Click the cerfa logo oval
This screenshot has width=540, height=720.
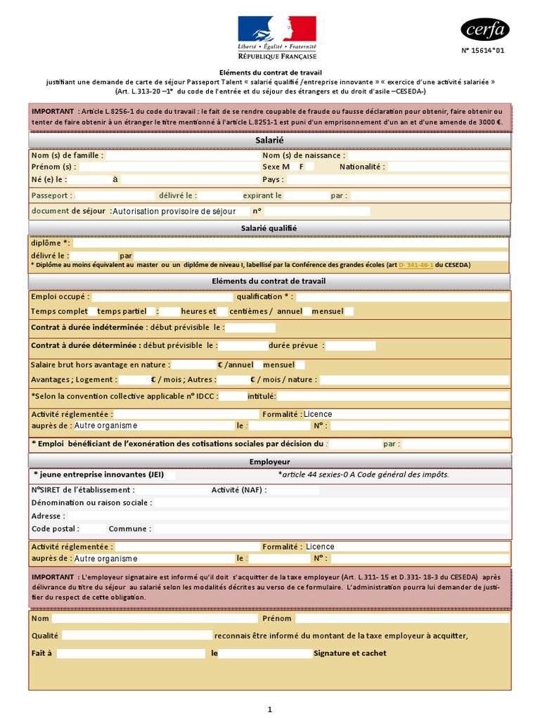(x=485, y=30)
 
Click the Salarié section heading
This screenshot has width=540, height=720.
(x=269, y=141)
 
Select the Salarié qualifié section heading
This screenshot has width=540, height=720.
(x=269, y=228)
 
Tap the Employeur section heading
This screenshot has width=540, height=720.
(x=269, y=461)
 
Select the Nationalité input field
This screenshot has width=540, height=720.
(x=448, y=167)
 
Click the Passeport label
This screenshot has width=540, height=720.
(x=50, y=195)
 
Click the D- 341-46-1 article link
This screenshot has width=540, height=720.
(x=416, y=265)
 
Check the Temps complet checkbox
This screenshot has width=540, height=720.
(x=93, y=311)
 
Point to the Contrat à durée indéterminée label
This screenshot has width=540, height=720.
(x=88, y=327)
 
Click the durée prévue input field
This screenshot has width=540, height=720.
(x=351, y=346)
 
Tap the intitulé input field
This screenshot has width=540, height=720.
(x=393, y=397)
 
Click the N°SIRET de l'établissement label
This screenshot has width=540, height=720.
(x=83, y=490)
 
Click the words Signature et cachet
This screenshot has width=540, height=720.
(x=349, y=653)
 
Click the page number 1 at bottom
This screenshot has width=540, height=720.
(x=270, y=709)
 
